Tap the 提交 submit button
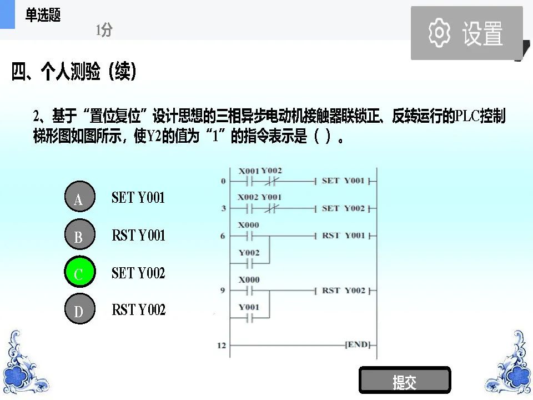click(x=405, y=382)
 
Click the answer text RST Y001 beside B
click(x=138, y=235)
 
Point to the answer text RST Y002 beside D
click(x=138, y=309)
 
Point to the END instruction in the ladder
click(x=357, y=345)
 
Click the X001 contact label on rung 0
click(x=249, y=171)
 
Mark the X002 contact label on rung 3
click(x=248, y=197)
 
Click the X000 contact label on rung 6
click(x=248, y=225)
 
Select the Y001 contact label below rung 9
click(x=249, y=307)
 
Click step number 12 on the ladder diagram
click(x=222, y=346)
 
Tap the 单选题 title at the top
click(x=43, y=16)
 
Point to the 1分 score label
click(x=104, y=30)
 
